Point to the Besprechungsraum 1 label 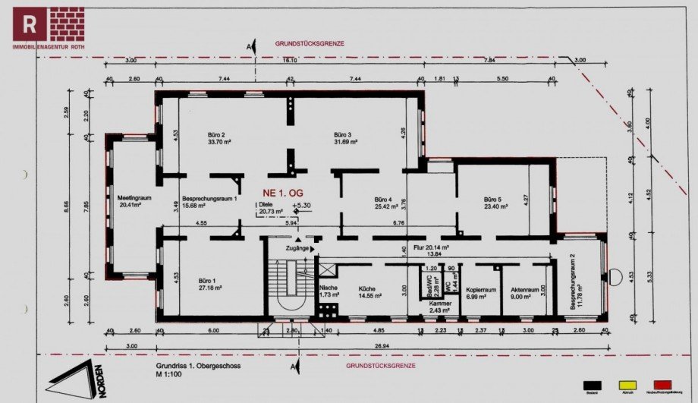point(209,197)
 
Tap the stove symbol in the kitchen point(328,310)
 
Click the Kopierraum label point(481,289)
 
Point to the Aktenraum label point(524,289)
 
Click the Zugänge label point(297,248)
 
